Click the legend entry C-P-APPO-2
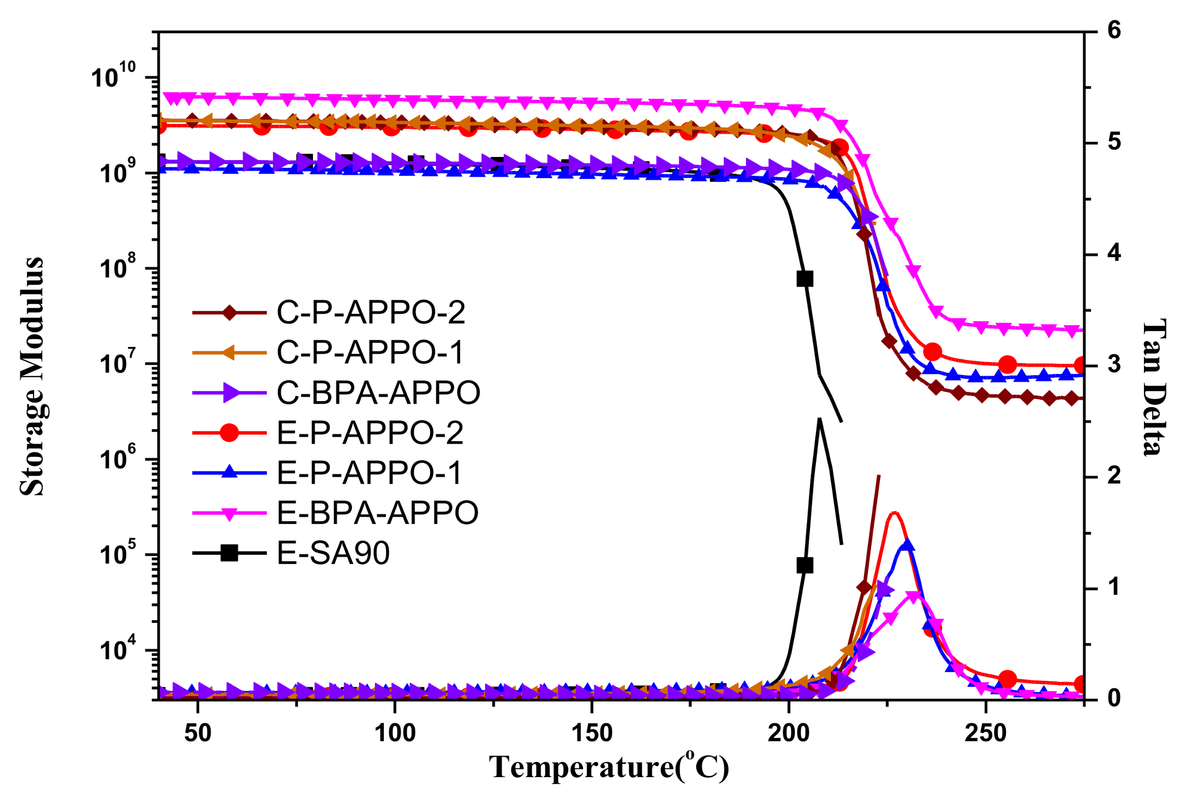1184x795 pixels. (x=370, y=312)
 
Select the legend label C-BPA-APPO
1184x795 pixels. (x=378, y=392)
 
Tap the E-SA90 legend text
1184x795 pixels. (x=333, y=553)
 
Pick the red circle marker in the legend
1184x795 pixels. (x=230, y=432)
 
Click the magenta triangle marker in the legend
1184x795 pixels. (x=230, y=513)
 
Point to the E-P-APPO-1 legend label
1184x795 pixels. (x=369, y=472)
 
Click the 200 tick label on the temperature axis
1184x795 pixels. (x=788, y=733)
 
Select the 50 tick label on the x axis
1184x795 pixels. (x=198, y=733)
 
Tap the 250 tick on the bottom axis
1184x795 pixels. (x=985, y=733)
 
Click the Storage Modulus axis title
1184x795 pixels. (x=31, y=376)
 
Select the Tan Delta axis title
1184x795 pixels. (x=1154, y=387)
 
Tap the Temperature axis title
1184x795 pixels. (x=609, y=766)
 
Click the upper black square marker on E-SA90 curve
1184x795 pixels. (x=805, y=279)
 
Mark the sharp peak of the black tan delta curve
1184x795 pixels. (x=820, y=418)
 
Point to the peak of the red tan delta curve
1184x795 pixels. (x=894, y=512)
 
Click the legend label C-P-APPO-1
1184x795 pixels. (x=370, y=352)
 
